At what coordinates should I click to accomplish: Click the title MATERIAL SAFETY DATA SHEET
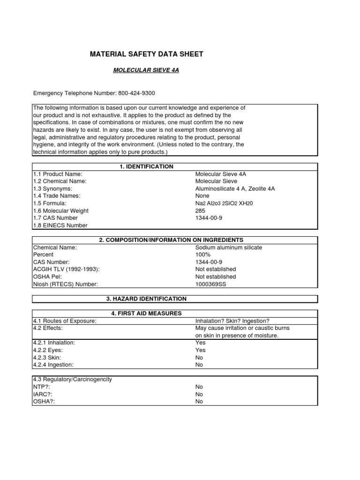click(x=146, y=54)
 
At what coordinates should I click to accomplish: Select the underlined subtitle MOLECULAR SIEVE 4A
click(x=146, y=70)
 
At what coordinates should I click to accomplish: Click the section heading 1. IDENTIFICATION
click(x=146, y=167)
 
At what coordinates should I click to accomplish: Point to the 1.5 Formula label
click(x=50, y=203)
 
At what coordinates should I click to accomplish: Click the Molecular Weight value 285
click(x=200, y=211)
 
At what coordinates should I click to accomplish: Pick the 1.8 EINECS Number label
click(x=60, y=225)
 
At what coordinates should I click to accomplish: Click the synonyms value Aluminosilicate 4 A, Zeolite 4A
click(x=235, y=189)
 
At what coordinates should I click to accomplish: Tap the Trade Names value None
click(x=202, y=196)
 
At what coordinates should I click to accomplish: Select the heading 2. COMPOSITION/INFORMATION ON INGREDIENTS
click(x=171, y=240)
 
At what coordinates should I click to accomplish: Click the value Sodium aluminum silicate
click(x=229, y=247)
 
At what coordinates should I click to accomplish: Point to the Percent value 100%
click(x=202, y=255)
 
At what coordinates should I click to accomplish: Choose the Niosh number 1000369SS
click(x=210, y=284)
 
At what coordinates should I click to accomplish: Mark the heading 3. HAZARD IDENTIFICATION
click(x=146, y=299)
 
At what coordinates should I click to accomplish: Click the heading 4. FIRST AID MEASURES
click(x=146, y=314)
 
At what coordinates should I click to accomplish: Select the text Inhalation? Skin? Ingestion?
click(x=232, y=321)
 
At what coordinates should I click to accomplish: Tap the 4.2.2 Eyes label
click(x=48, y=350)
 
